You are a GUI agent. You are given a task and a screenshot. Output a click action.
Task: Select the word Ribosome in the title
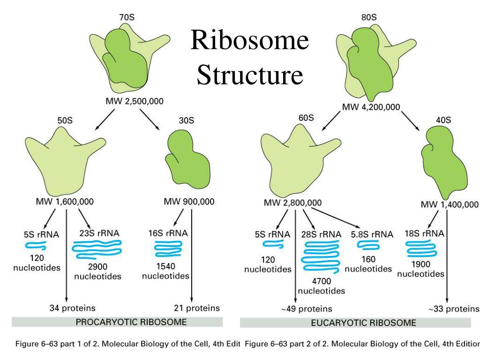pyautogui.click(x=249, y=42)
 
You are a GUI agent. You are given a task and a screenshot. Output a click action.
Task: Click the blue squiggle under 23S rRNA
pyautogui.click(x=97, y=249)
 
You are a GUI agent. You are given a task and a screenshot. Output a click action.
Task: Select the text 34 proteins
pyautogui.click(x=73, y=308)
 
